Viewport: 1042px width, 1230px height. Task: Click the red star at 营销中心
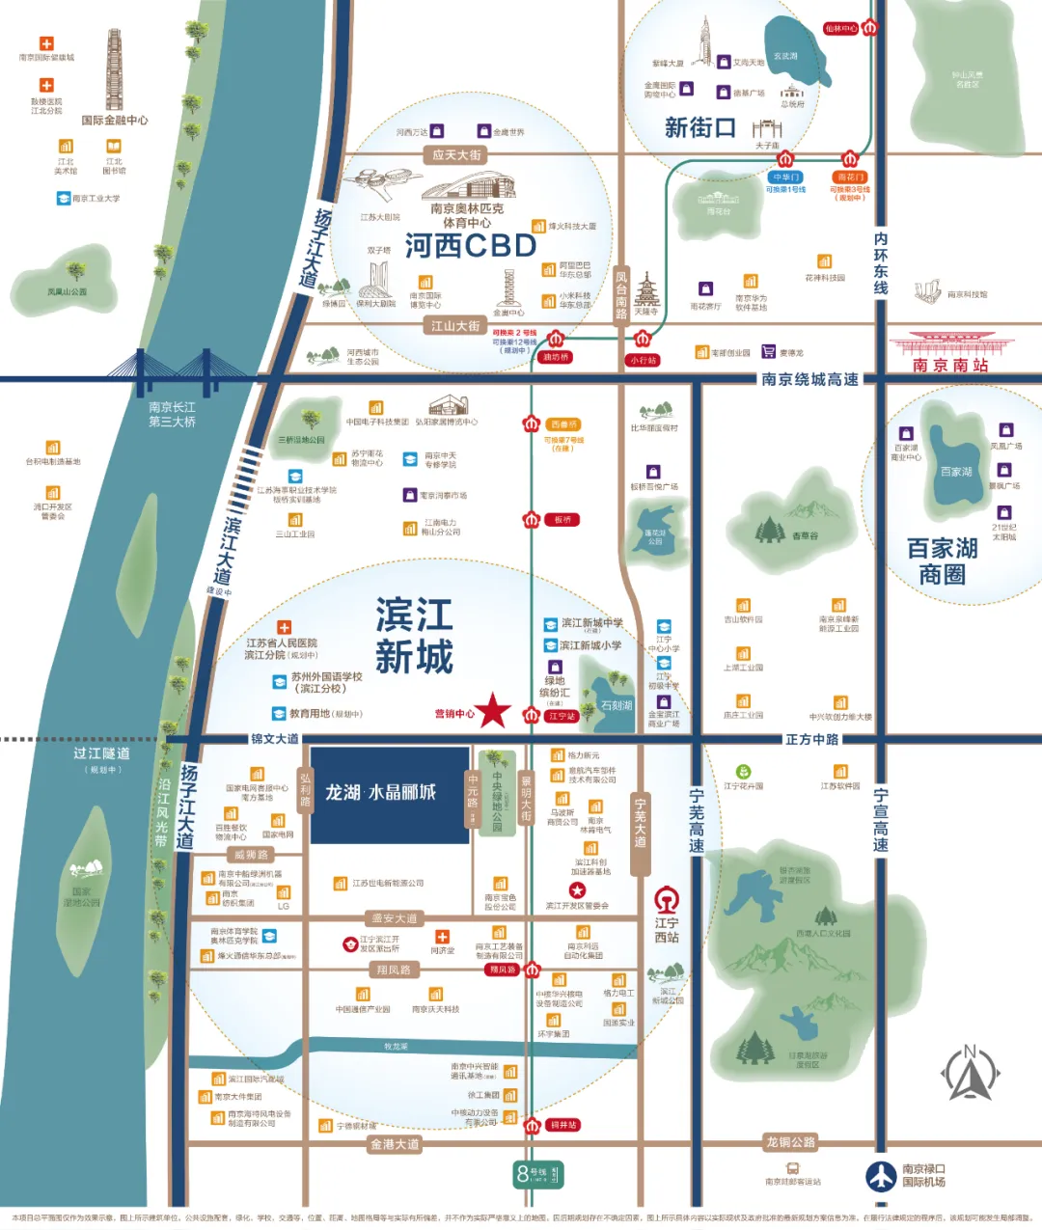494,710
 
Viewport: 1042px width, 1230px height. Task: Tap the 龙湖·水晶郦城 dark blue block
389,794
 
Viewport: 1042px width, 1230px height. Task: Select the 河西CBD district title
470,246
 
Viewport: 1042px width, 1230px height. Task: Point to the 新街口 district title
700,127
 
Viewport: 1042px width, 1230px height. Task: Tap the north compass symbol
971,1073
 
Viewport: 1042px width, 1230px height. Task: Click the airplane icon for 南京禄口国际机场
880,1175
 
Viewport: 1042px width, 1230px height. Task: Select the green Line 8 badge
536,1174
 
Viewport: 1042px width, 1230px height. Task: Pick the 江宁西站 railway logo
667,900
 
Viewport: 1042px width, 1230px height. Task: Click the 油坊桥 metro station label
556,357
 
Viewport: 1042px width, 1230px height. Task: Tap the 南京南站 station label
950,366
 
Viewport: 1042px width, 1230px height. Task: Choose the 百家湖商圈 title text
943,561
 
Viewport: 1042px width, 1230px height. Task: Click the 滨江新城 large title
414,636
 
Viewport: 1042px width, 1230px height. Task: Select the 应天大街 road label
456,155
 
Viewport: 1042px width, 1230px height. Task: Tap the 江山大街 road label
455,326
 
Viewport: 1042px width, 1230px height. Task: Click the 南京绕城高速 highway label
809,379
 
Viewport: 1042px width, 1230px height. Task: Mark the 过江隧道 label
101,753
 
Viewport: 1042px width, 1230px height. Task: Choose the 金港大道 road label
395,1144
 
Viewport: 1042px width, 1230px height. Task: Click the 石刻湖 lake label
616,705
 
